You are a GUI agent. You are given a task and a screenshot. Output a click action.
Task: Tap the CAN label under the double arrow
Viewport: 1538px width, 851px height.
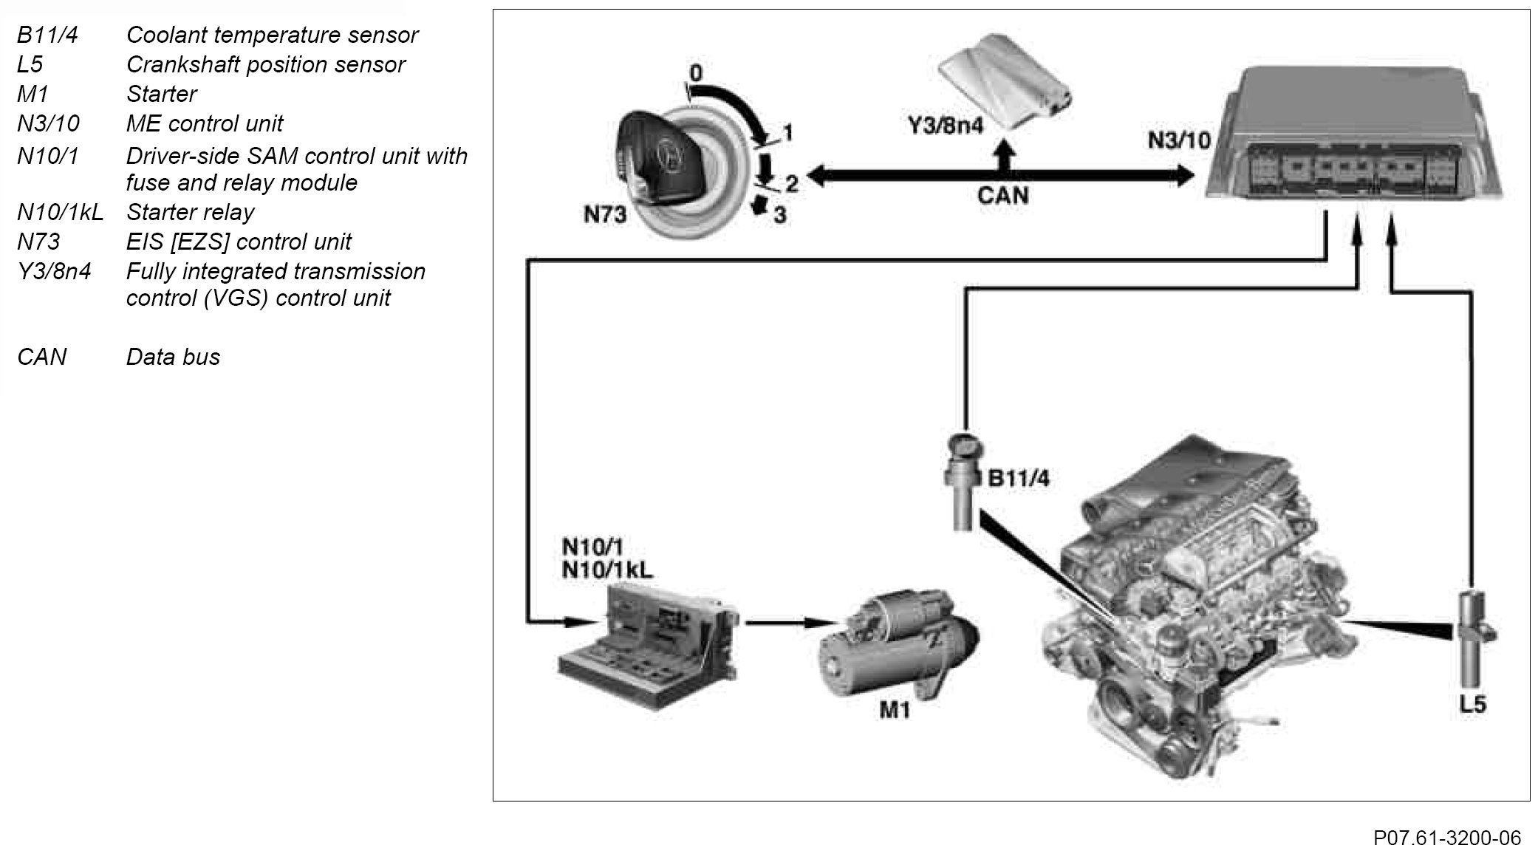pos(1002,195)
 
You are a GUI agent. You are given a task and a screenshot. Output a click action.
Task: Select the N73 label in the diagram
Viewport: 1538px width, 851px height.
pos(604,214)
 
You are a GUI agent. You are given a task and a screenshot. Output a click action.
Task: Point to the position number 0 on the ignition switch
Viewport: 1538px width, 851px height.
pos(696,73)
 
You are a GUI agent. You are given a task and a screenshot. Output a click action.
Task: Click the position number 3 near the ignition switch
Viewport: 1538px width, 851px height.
pos(779,215)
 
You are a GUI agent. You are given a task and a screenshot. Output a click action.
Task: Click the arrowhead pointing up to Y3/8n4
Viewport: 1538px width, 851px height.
pos(1002,150)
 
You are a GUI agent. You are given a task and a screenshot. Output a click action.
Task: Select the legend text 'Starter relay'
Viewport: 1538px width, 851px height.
pos(190,212)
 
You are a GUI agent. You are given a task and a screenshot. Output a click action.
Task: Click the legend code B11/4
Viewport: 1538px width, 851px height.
pos(47,35)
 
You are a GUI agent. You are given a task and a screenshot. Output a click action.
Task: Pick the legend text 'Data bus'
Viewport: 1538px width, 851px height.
pos(173,357)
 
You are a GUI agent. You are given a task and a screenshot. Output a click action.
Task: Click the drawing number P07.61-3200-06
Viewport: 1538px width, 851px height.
pos(1446,838)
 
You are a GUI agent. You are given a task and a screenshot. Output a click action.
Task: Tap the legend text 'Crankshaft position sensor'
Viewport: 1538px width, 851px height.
pos(265,64)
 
